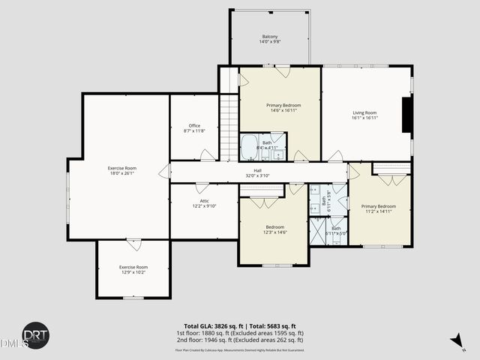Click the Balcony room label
(269, 39)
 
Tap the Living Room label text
(364, 115)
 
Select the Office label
(193, 128)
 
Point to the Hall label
(257, 172)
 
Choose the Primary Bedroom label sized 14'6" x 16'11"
(283, 108)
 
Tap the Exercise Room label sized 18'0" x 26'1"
(121, 170)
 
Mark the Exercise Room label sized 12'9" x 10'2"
(133, 269)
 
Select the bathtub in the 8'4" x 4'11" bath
(249, 147)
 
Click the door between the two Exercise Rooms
(133, 243)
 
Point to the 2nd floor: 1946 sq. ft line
(239, 340)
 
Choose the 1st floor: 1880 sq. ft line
(239, 333)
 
